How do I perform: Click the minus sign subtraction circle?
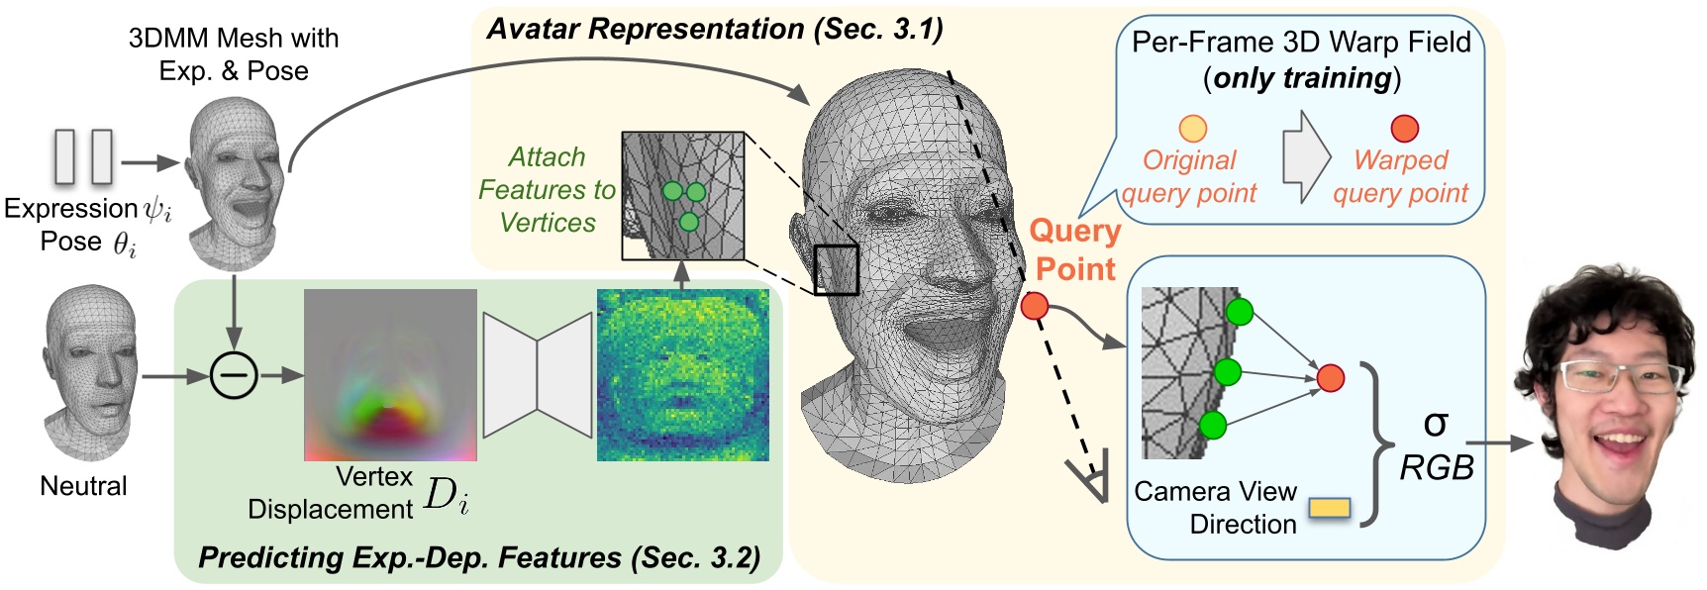(235, 376)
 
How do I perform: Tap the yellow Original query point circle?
(1193, 129)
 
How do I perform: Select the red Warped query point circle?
(1405, 129)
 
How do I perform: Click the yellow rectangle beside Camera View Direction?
(1329, 508)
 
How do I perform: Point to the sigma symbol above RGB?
(1436, 424)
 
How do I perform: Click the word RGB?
(1437, 467)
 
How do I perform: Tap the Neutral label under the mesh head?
(83, 486)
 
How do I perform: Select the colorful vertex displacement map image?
(390, 375)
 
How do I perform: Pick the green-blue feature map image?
(683, 375)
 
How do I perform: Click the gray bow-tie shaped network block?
(538, 375)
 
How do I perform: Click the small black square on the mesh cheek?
(836, 270)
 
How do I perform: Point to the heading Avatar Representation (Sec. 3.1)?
(715, 29)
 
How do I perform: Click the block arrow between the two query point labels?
(1306, 158)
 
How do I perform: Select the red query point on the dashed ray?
(1035, 306)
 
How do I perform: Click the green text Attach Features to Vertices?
(547, 189)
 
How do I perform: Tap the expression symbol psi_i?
(157, 211)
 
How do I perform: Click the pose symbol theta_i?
(124, 244)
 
